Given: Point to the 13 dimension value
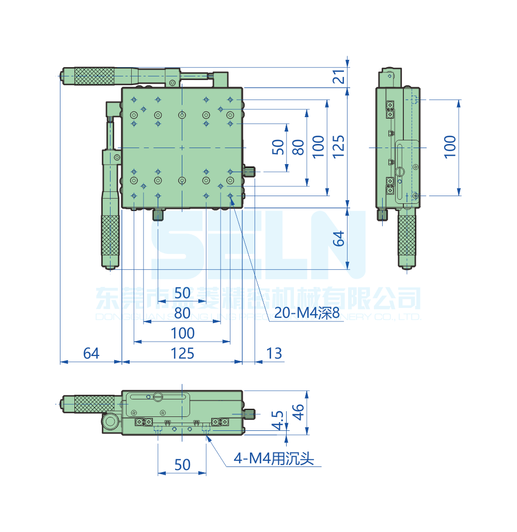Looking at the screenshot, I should [x=274, y=353].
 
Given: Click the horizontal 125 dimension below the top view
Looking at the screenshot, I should [x=182, y=353].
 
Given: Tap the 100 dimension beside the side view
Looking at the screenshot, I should [x=450, y=147].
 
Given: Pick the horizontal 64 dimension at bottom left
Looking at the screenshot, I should [x=91, y=353].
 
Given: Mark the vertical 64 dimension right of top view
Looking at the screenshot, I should [x=338, y=238].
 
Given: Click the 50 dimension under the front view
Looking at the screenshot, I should [x=182, y=465].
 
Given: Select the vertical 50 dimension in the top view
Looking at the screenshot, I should [x=278, y=148].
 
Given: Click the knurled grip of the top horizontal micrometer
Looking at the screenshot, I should [x=93, y=76].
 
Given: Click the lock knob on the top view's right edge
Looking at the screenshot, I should [x=250, y=172].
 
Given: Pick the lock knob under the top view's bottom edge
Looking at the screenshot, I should [x=158, y=214].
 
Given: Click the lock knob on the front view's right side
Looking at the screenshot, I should [x=250, y=414].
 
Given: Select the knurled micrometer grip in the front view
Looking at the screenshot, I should [x=93, y=404].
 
